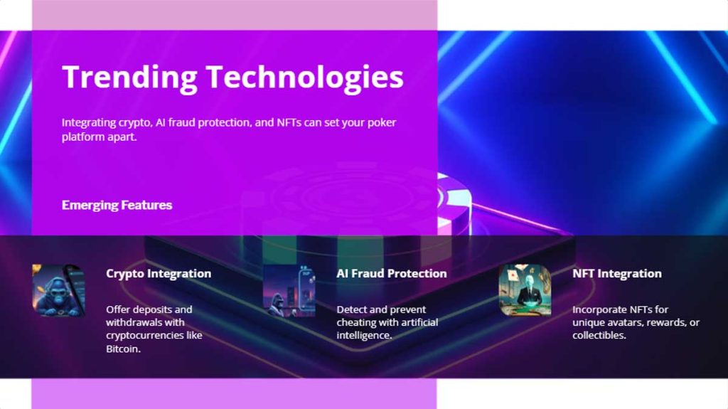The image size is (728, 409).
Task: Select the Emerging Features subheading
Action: click(x=117, y=205)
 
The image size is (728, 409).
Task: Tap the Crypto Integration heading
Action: click(x=159, y=273)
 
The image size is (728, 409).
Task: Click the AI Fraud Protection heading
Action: click(x=391, y=273)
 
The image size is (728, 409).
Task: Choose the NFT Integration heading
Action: click(x=616, y=273)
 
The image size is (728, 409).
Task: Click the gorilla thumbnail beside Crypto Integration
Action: click(x=58, y=290)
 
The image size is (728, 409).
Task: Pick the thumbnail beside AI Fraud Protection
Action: click(x=289, y=290)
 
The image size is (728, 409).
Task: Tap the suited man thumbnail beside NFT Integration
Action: click(x=525, y=290)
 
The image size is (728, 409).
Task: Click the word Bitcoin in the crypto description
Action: click(x=123, y=349)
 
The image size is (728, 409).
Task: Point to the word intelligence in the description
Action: click(x=363, y=336)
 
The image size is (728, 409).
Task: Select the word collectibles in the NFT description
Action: click(x=599, y=336)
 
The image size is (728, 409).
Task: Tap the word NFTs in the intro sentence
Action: click(x=270, y=122)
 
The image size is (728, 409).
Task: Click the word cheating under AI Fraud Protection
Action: click(x=354, y=323)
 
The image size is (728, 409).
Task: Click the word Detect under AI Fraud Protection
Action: click(x=352, y=310)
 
